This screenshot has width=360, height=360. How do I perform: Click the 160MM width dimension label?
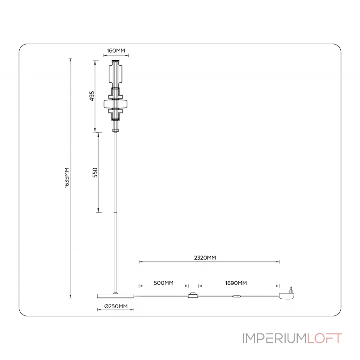click(x=116, y=50)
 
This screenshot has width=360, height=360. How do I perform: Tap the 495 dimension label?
click(x=91, y=96)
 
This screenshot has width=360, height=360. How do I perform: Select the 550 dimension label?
click(x=95, y=172)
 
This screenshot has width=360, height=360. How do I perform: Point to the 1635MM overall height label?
click(x=67, y=178)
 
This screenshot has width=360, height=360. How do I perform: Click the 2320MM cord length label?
click(x=205, y=258)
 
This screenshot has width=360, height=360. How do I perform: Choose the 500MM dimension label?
click(x=163, y=283)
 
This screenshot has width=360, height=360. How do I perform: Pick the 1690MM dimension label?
click(x=236, y=283)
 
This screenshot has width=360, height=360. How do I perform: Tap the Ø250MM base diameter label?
click(x=116, y=306)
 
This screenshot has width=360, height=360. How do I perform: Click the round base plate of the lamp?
click(x=116, y=296)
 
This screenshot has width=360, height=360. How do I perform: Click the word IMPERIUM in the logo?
click(x=274, y=338)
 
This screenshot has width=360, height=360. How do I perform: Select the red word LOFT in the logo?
click(x=324, y=338)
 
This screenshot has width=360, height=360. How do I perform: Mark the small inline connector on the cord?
click(x=237, y=296)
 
